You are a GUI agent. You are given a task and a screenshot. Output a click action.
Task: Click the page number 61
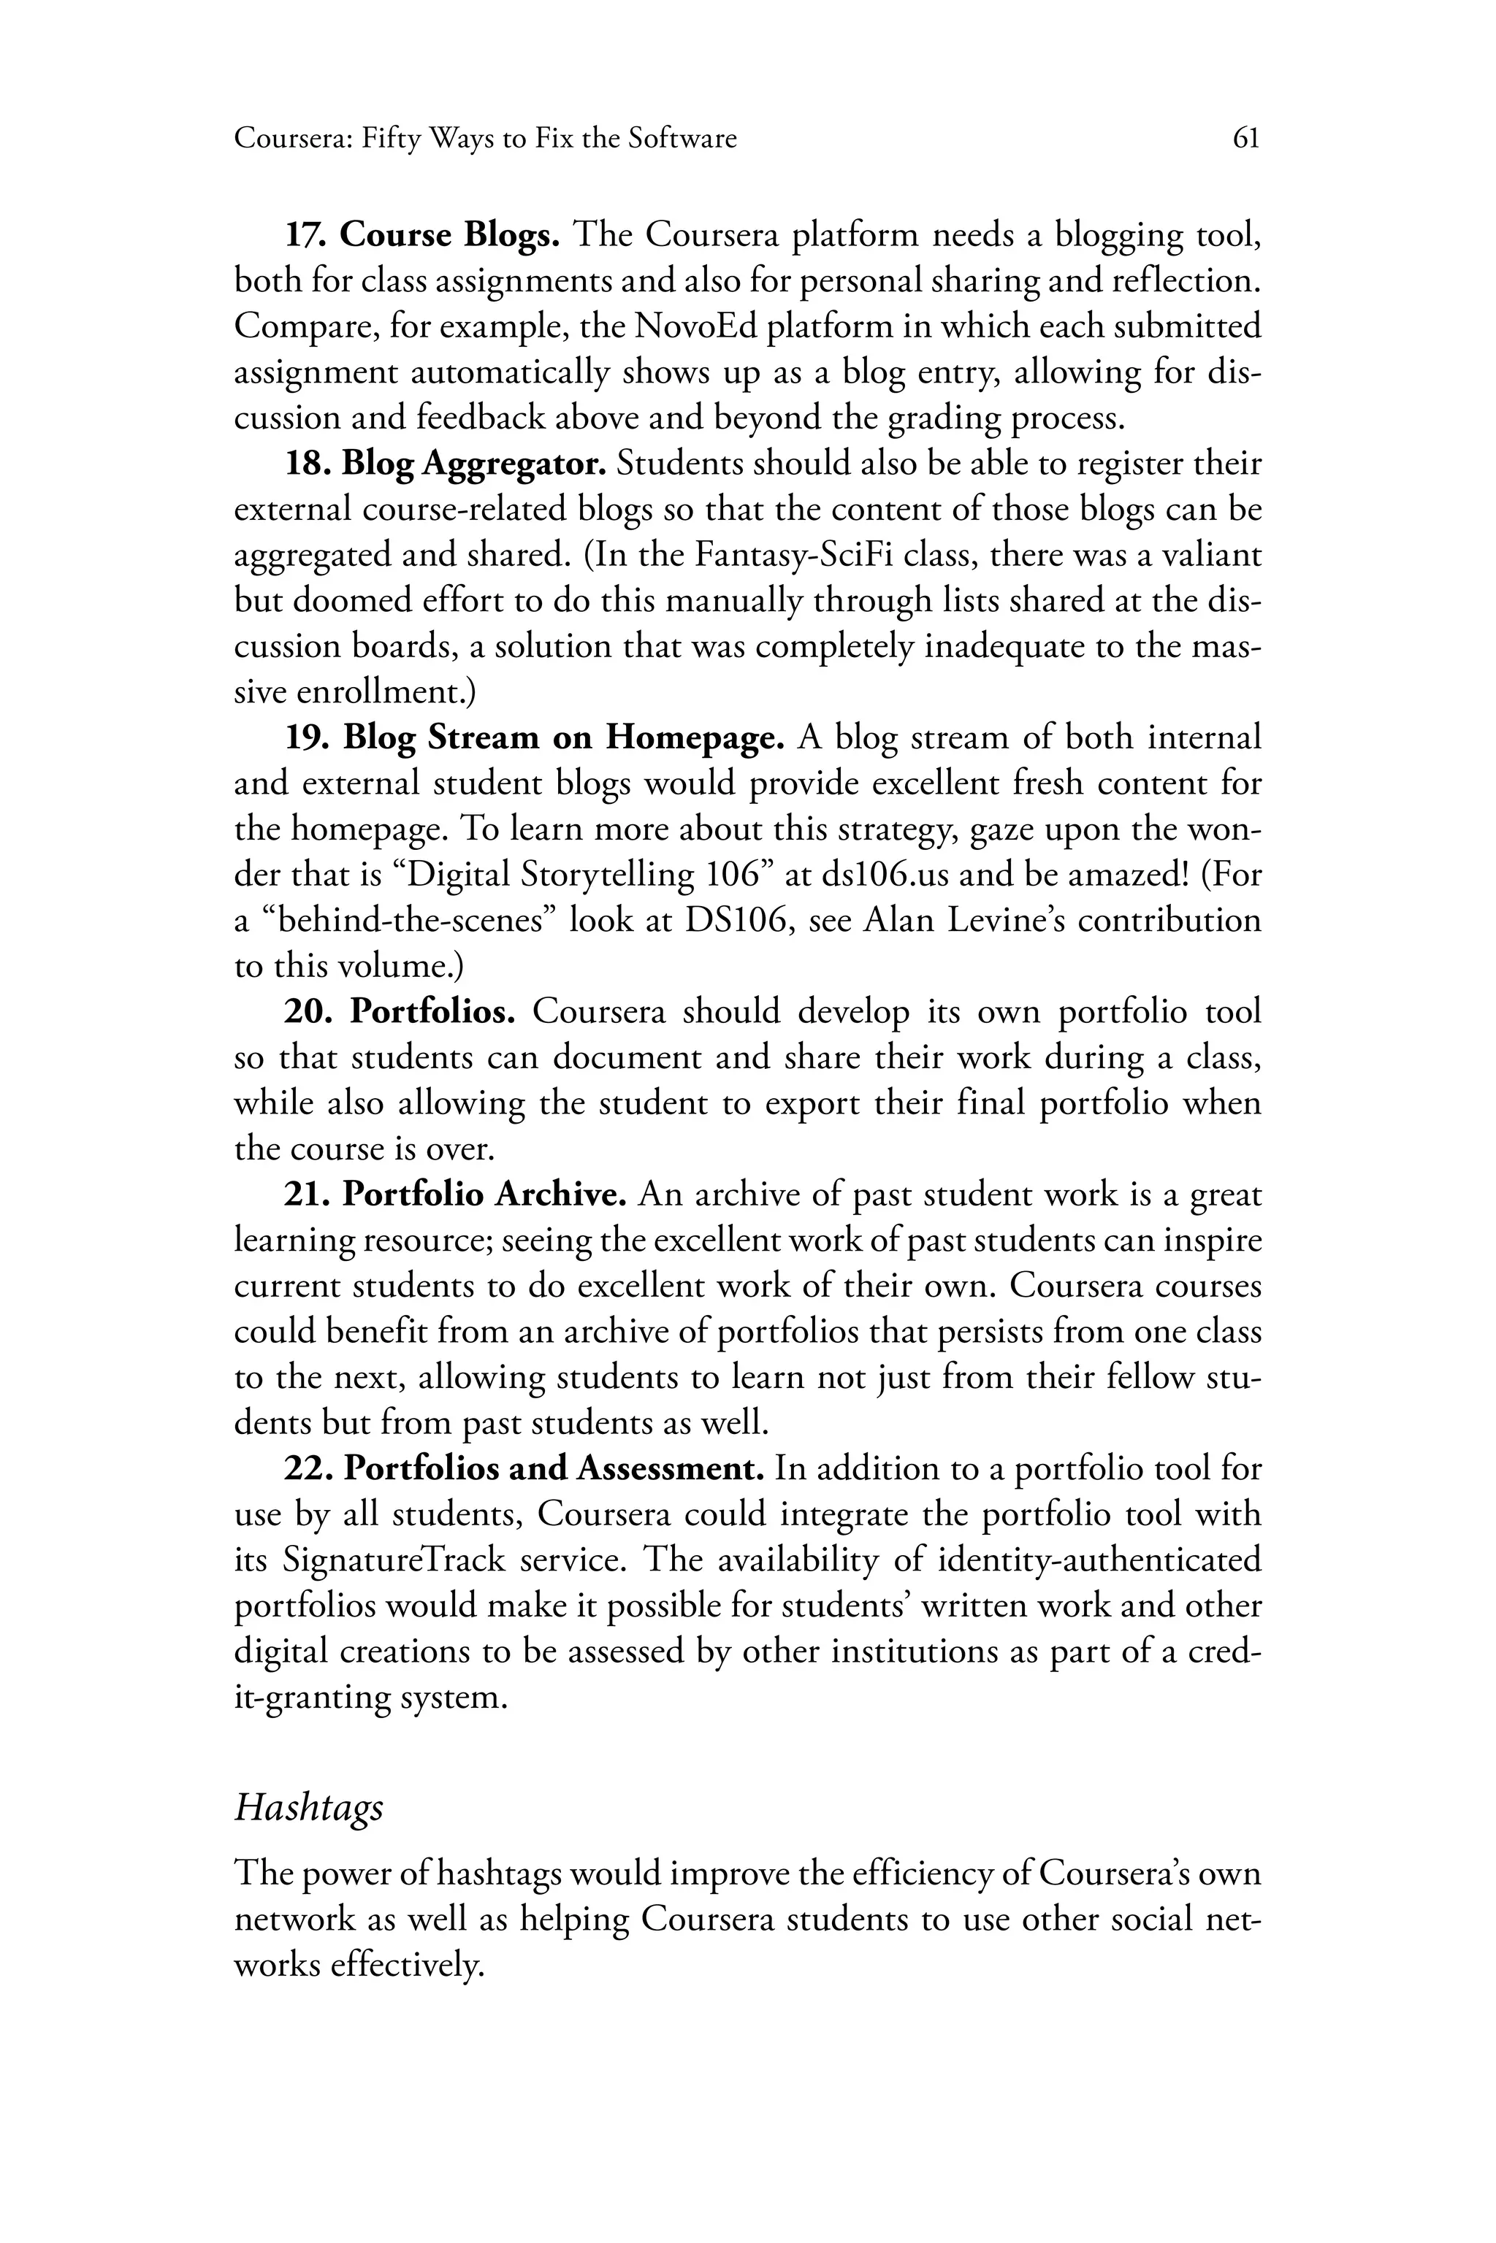1246,139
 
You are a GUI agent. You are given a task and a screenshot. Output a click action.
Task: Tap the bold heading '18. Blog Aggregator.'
446,464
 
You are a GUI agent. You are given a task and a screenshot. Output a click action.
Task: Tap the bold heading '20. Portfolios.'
400,1012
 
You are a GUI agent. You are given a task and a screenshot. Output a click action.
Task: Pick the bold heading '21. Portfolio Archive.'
455,1194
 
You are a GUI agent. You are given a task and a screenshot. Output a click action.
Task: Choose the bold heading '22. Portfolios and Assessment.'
524,1468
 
